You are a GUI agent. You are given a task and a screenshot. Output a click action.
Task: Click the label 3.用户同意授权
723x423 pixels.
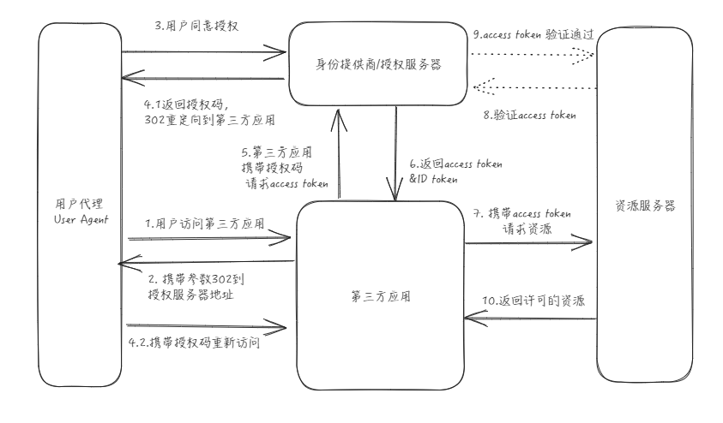[196, 27]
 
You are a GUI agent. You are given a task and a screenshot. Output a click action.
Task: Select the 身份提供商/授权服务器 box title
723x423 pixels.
[379, 64]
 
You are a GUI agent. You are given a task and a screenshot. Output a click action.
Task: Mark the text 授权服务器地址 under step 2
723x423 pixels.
[190, 295]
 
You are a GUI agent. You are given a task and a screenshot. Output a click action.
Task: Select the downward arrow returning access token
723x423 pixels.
[395, 155]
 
